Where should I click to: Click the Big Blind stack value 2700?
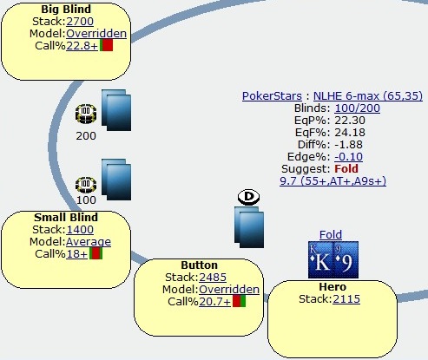pyautogui.click(x=80, y=22)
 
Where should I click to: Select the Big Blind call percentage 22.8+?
pyautogui.click(x=82, y=46)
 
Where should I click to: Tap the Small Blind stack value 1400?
pyautogui.click(x=80, y=230)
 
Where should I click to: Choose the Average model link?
pyautogui.click(x=89, y=242)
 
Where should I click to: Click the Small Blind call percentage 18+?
pyautogui.click(x=76, y=254)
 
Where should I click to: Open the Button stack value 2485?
pyautogui.click(x=213, y=278)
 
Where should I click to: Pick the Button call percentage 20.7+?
pyautogui.click(x=214, y=302)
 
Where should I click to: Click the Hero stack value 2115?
pyautogui.click(x=346, y=299)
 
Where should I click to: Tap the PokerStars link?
pyautogui.click(x=272, y=96)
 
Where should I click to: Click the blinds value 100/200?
pyautogui.click(x=358, y=108)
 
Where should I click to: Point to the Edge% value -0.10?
pyautogui.click(x=349, y=157)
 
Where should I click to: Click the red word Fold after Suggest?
pyautogui.click(x=346, y=168)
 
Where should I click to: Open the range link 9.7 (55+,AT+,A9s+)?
pyautogui.click(x=333, y=181)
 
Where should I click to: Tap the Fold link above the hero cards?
pyautogui.click(x=331, y=234)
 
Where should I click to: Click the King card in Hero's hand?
pyautogui.click(x=320, y=260)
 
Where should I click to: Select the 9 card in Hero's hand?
pyautogui.click(x=346, y=260)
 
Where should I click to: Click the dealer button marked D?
pyautogui.click(x=248, y=197)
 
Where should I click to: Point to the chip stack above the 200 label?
pyautogui.click(x=86, y=114)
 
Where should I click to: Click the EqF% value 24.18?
pyautogui.click(x=350, y=133)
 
